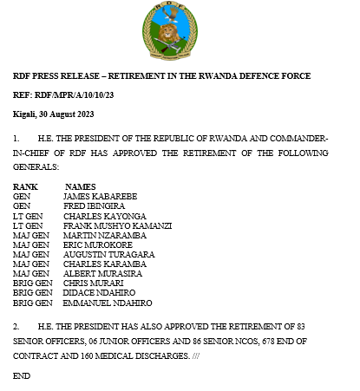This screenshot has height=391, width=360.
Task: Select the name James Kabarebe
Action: click(x=101, y=196)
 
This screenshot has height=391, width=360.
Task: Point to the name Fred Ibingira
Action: click(x=93, y=205)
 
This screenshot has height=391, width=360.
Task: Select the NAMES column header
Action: click(x=80, y=186)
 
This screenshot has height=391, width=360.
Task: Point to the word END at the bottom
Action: click(x=22, y=376)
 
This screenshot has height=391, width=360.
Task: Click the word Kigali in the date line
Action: click(x=25, y=114)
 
